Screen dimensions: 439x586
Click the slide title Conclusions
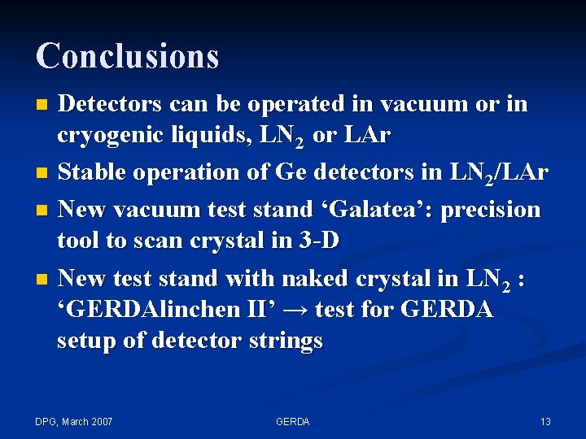click(127, 56)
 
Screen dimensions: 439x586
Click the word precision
click(486, 209)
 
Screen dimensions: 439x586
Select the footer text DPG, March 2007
click(74, 421)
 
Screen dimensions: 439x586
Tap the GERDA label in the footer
click(292, 421)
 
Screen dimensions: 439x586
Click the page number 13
click(545, 421)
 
